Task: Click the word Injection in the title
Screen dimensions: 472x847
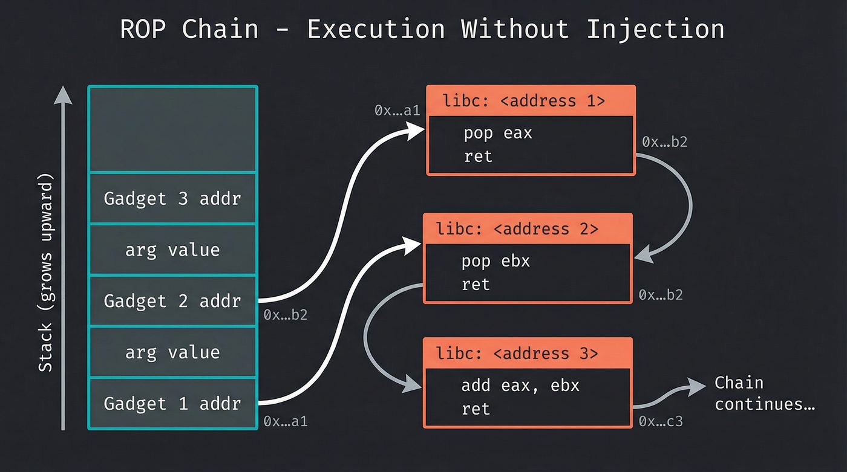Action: [655, 29]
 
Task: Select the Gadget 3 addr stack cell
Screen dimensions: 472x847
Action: [172, 199]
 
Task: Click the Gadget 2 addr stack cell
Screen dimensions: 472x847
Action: [172, 301]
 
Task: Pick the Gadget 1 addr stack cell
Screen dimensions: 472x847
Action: [172, 403]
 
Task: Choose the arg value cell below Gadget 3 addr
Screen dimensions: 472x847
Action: [172, 250]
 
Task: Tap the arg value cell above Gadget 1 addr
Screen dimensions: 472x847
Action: [172, 352]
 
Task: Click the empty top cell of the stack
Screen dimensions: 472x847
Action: [172, 129]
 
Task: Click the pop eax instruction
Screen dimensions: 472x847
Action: [497, 133]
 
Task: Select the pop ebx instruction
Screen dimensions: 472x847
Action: [495, 261]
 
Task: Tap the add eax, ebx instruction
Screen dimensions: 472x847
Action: [520, 386]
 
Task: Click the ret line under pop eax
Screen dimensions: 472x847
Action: [478, 157]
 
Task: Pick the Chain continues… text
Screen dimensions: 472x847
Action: [764, 393]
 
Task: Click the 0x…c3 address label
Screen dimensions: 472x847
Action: [661, 421]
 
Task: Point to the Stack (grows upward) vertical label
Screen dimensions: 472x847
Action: [47, 272]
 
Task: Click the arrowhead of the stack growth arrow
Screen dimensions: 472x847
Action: [63, 94]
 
